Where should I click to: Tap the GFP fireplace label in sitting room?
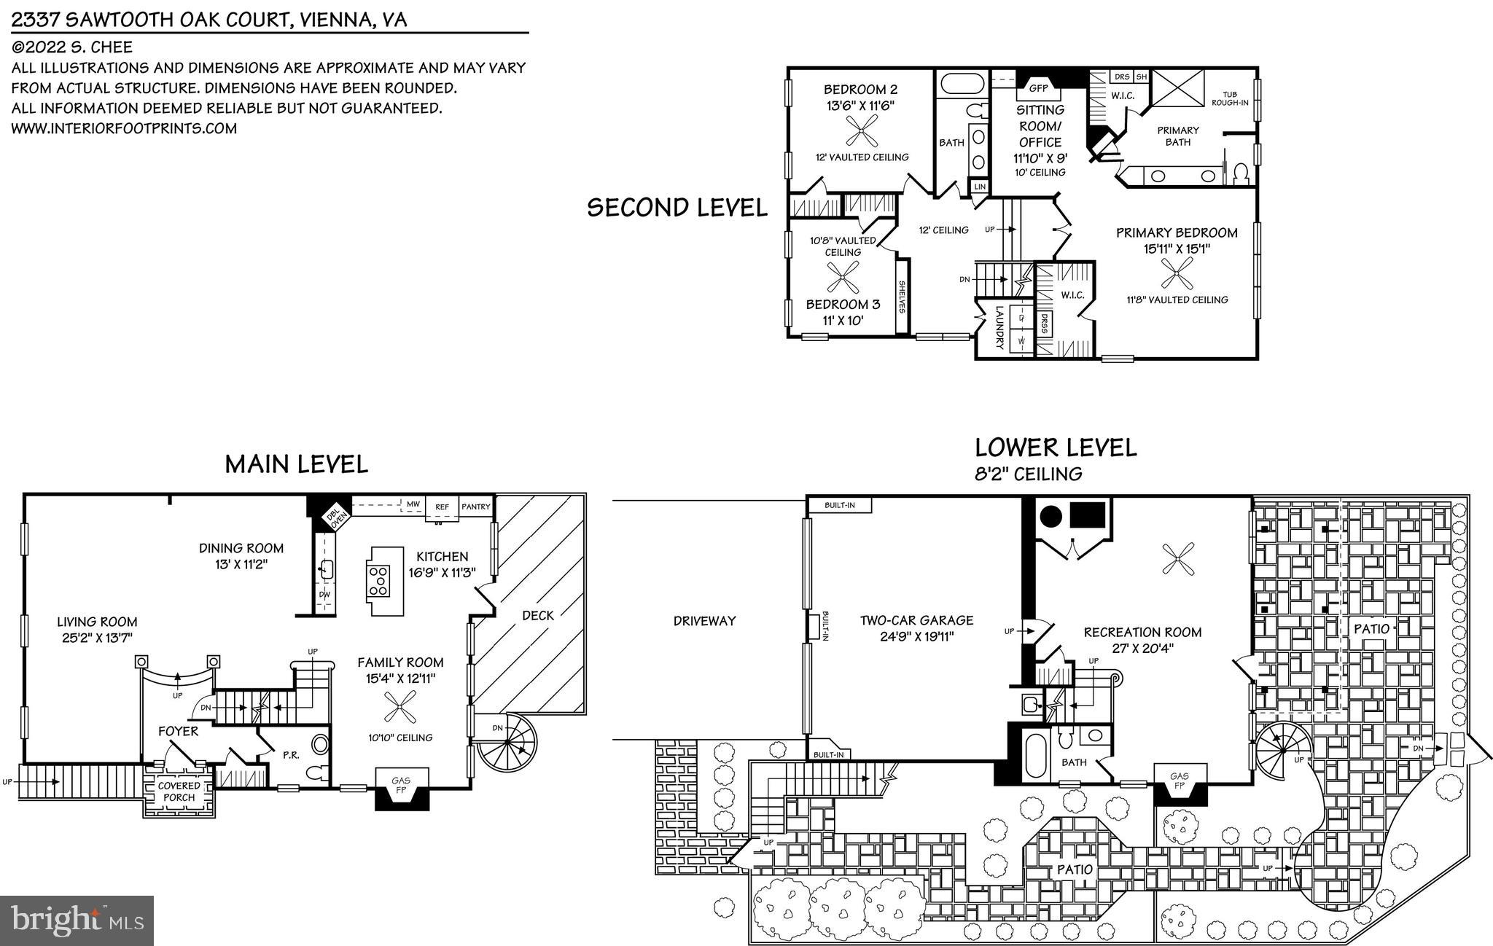1038,88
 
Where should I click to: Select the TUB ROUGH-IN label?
1230,98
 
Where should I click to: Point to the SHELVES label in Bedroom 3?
902,297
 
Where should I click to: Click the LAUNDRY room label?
1000,327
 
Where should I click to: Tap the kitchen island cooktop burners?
379,581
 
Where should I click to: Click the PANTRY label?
476,507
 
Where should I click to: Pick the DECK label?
538,616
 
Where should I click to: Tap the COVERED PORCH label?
179,791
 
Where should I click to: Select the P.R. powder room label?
290,755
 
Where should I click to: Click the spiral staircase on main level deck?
505,746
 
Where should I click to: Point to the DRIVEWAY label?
704,621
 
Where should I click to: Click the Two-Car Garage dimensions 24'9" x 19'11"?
917,636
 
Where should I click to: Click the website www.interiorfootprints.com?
124,128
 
